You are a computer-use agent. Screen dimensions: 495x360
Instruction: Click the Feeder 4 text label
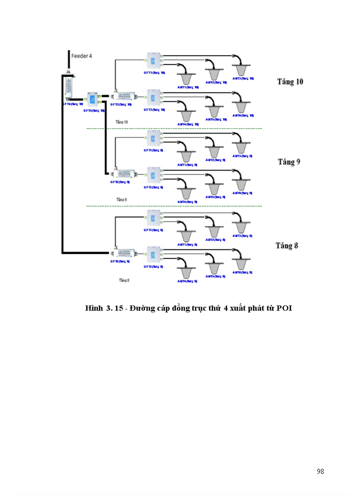(82, 56)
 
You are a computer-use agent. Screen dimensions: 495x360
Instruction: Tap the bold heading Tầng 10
(290, 82)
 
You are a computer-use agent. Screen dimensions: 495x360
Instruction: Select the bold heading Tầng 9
(289, 162)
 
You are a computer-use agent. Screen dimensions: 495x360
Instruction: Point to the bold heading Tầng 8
(287, 246)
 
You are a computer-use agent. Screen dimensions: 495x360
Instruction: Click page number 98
(320, 471)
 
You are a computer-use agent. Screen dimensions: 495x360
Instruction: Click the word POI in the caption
(285, 309)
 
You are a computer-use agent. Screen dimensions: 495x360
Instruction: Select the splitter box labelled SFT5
(93, 100)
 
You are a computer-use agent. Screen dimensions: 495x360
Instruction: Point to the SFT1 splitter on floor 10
(154, 61)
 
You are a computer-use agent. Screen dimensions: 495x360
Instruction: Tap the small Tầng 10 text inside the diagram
(122, 121)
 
